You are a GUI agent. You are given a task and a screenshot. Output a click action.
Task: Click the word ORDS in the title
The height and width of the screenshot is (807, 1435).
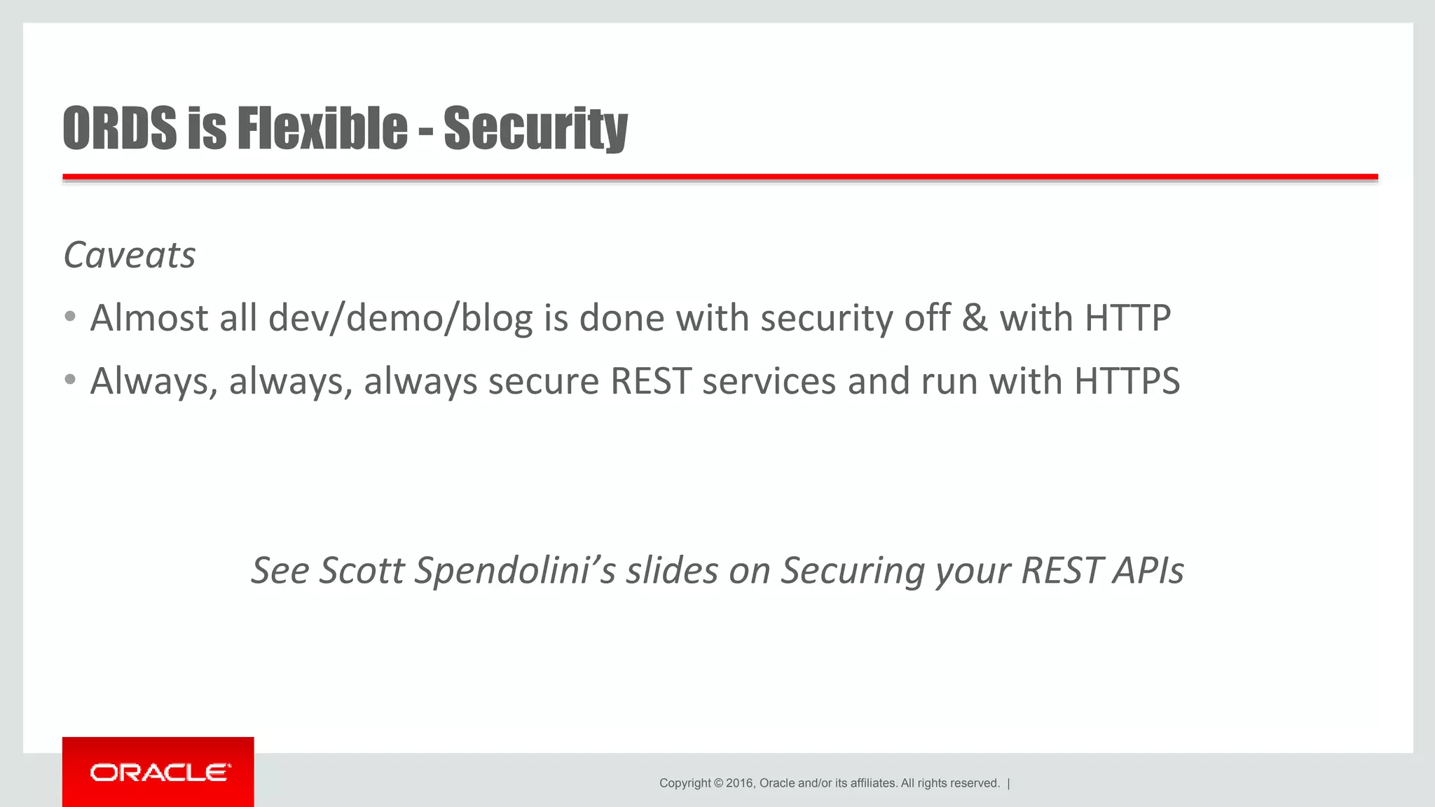[120, 128]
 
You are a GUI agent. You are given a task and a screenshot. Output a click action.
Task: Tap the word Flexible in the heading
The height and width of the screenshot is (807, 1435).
[322, 128]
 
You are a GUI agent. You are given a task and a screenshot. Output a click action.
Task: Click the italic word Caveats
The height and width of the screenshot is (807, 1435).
[130, 255]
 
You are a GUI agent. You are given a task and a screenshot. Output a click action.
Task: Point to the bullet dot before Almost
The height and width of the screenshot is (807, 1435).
[69, 317]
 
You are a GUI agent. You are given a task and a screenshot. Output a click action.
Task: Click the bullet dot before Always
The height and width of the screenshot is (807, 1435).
[69, 380]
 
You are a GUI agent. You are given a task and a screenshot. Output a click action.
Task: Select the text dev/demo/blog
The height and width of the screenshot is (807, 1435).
[400, 319]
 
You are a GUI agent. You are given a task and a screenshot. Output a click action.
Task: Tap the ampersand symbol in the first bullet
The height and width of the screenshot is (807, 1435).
[974, 318]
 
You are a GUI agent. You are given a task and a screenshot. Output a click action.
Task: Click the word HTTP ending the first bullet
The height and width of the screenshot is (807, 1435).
[1127, 318]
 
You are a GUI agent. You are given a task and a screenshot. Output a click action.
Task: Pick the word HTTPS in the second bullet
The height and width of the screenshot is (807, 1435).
[1127, 381]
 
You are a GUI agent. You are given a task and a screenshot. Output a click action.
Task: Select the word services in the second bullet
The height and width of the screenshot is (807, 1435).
[769, 381]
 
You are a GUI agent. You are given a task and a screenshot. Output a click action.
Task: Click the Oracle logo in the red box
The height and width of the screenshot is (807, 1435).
[159, 773]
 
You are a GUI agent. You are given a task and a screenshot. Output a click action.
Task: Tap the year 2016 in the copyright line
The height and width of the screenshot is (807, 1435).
[739, 783]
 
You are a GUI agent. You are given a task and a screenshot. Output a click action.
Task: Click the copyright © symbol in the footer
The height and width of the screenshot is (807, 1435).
[718, 783]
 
